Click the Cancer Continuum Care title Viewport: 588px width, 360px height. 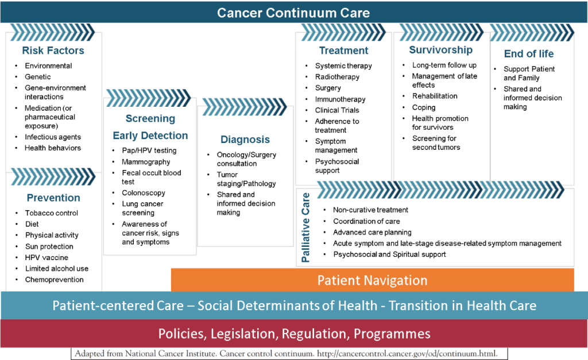(293, 13)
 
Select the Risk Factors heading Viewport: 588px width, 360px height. (53, 51)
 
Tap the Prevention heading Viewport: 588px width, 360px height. (53, 198)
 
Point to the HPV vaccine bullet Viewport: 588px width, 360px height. (47, 258)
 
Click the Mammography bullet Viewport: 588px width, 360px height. (146, 162)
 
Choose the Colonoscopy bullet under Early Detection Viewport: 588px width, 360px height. (143, 193)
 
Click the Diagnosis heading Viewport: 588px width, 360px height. (245, 140)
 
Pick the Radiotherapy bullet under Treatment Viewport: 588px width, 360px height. (337, 77)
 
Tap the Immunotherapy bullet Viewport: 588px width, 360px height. (340, 99)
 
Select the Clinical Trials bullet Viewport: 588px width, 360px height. (336, 110)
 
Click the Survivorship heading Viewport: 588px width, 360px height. (440, 50)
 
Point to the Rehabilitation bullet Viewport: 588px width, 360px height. (435, 96)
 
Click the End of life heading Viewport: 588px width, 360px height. (529, 53)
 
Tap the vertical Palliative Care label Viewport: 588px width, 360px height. (305, 227)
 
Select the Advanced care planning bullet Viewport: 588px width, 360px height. (372, 233)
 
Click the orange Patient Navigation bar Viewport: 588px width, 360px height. (372, 280)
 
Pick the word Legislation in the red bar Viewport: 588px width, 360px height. (243, 334)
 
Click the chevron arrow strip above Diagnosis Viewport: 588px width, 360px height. (245, 107)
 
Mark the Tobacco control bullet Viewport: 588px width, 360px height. (51, 213)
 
